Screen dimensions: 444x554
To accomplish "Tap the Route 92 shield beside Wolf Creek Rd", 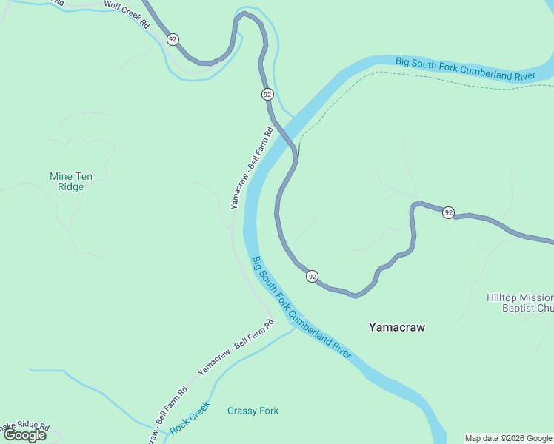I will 173,38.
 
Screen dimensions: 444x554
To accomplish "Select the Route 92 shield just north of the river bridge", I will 267,94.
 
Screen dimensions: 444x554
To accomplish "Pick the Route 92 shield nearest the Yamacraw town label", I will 313,276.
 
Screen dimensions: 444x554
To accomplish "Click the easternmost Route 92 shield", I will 448,212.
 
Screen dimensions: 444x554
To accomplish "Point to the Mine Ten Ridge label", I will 67,181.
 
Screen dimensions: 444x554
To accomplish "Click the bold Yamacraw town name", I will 397,327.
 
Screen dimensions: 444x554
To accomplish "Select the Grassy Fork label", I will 253,411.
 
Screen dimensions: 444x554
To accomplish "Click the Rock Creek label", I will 190,419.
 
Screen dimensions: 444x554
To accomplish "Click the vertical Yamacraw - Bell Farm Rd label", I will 252,168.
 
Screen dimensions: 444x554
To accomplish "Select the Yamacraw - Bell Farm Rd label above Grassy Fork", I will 236,346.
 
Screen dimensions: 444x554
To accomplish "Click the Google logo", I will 25,435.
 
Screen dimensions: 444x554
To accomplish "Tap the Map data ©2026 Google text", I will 508,438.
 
